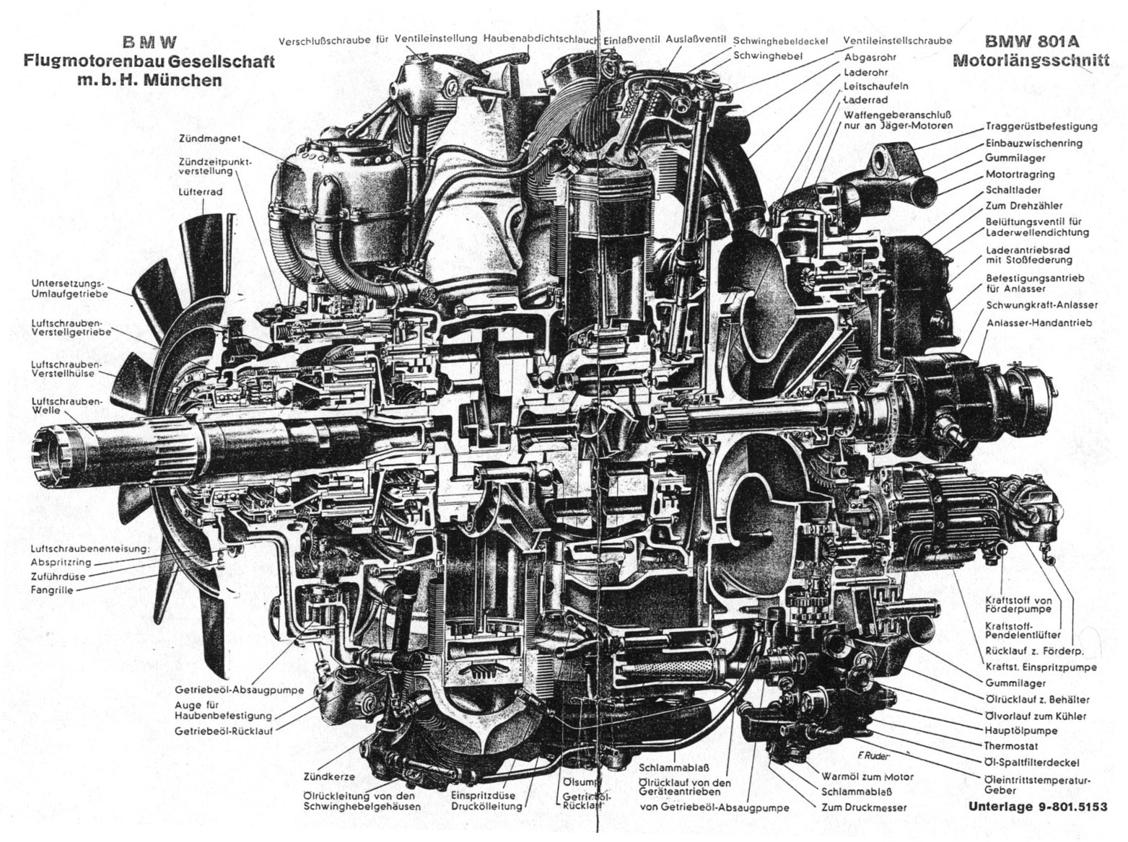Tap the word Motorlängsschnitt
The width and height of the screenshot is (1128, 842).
pyautogui.click(x=1030, y=61)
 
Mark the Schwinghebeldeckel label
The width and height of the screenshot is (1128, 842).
pyautogui.click(x=779, y=41)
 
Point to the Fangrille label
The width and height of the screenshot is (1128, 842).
pyautogui.click(x=51, y=590)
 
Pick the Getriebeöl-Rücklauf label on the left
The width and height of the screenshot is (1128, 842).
pyautogui.click(x=223, y=731)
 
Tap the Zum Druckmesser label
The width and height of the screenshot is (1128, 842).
pyautogui.click(x=864, y=807)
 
